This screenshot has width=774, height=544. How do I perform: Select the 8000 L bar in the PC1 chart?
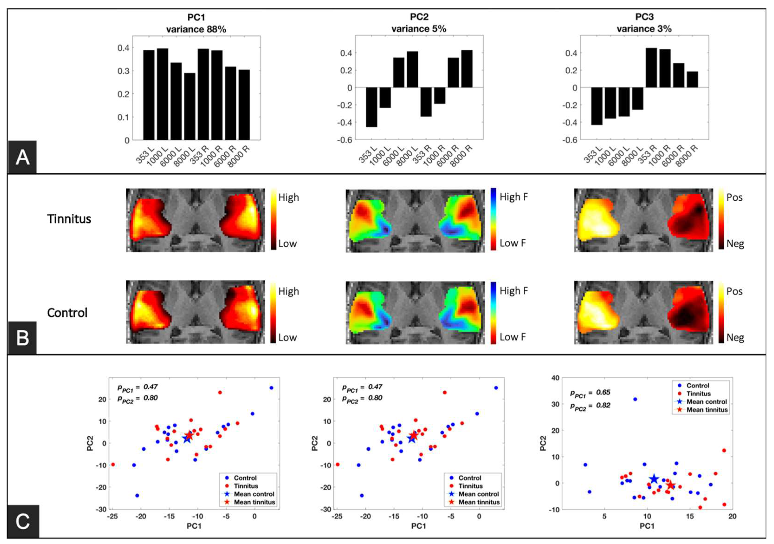coord(190,106)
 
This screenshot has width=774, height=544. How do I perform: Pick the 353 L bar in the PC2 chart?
coord(372,107)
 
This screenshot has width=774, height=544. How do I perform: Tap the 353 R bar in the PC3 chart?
coord(651,67)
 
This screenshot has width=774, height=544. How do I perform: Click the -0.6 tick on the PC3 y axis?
coord(569,140)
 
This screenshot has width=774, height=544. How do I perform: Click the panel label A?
coord(22,157)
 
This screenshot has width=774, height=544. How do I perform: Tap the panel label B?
coord(22,338)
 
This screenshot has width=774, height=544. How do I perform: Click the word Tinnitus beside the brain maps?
coord(69,219)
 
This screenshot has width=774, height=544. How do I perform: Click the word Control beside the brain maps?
coord(67,313)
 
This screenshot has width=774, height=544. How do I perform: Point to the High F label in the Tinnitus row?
coord(514,197)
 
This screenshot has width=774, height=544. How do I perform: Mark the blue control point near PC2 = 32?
coord(635,399)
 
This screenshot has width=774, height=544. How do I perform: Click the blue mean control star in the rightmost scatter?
coord(654,479)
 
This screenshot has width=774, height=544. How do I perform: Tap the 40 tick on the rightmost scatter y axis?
coord(555,378)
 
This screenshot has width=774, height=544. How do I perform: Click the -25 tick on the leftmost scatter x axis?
coord(112,516)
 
